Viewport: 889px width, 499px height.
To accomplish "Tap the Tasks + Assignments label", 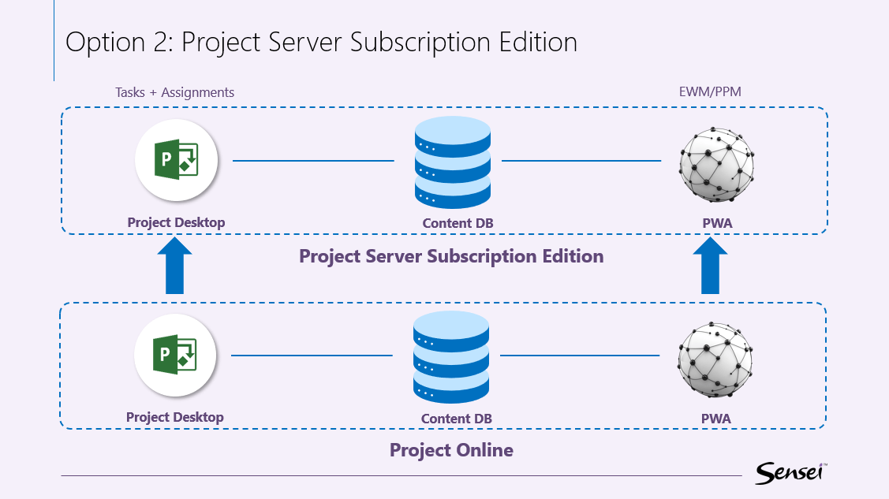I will (175, 92).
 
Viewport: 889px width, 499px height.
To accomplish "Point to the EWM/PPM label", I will (710, 92).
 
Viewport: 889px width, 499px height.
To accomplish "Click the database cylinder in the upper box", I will (452, 162).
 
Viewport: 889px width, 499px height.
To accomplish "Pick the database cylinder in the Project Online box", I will (450, 356).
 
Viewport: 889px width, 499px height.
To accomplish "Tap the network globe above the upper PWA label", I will (716, 162).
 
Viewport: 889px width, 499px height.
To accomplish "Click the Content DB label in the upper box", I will (458, 223).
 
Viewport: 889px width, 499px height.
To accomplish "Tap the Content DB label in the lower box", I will (456, 419).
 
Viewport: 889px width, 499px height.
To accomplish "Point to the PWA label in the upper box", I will (717, 223).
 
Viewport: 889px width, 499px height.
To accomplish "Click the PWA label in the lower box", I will (715, 419).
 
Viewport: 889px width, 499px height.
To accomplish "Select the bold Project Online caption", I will (451, 450).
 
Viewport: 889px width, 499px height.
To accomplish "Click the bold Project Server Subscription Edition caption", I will (451, 256).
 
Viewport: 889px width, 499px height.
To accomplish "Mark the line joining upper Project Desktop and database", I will (313, 161).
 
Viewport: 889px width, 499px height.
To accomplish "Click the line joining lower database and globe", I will (580, 356).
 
